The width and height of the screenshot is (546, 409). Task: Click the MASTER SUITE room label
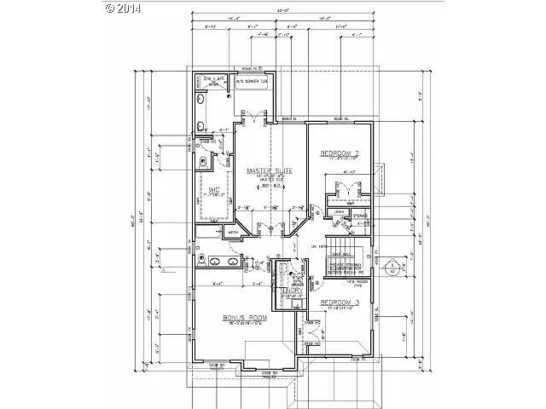270,171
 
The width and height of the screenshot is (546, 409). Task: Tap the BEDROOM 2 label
339,153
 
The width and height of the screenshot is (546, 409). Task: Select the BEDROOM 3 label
339,303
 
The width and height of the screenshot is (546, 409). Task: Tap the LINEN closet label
339,211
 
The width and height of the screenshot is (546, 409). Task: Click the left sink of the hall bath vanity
215,262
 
